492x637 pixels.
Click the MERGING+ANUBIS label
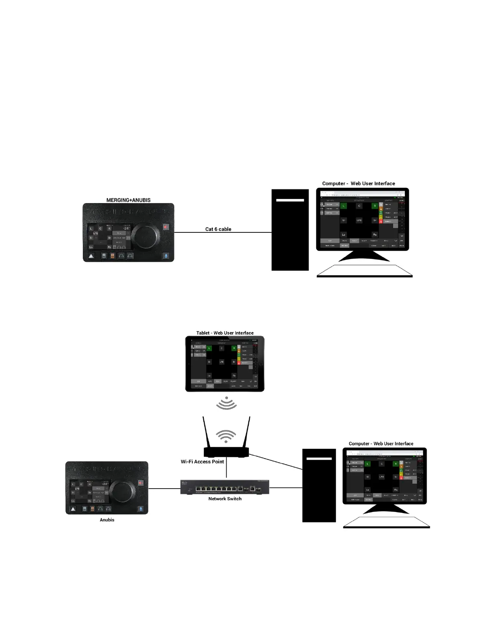click(x=128, y=200)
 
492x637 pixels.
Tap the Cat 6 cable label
click(x=218, y=229)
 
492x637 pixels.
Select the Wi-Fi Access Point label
click(x=202, y=462)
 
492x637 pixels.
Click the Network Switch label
click(x=225, y=499)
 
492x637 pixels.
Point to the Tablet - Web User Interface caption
click(x=225, y=333)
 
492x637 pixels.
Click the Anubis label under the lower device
click(x=107, y=520)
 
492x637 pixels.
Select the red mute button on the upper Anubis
click(x=166, y=227)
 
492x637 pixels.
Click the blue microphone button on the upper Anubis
click(x=166, y=256)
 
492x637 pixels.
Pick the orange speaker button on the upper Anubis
click(x=113, y=256)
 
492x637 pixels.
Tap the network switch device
click(x=225, y=487)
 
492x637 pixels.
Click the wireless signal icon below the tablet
click(x=226, y=403)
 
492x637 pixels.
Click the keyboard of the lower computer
click(x=386, y=522)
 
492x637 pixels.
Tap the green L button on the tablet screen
click(x=209, y=348)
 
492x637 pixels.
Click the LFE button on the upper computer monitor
click(x=359, y=220)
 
